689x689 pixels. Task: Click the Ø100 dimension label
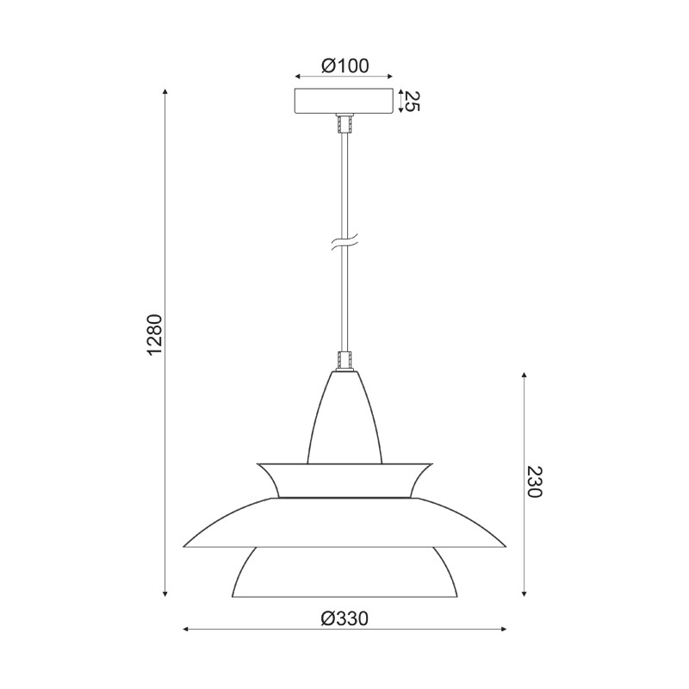click(x=344, y=65)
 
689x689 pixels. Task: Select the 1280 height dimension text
click(x=155, y=336)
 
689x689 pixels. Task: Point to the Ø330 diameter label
click(x=344, y=618)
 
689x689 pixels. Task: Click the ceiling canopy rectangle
click(x=344, y=101)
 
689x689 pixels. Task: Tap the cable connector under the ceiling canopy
click(x=344, y=124)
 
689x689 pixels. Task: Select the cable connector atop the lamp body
click(x=344, y=359)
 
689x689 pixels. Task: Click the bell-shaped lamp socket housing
click(x=344, y=418)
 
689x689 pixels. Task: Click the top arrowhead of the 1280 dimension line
click(x=165, y=90)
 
